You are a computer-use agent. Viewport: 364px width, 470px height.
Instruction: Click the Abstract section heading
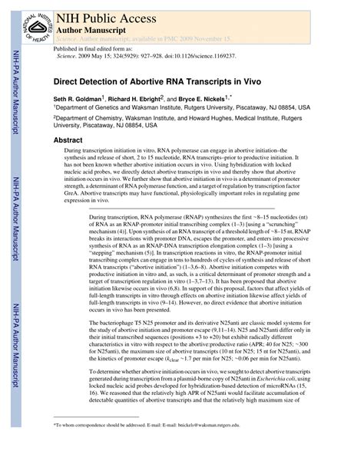click(x=68, y=140)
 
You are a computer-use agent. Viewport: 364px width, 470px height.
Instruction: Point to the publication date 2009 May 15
click(x=98, y=56)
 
